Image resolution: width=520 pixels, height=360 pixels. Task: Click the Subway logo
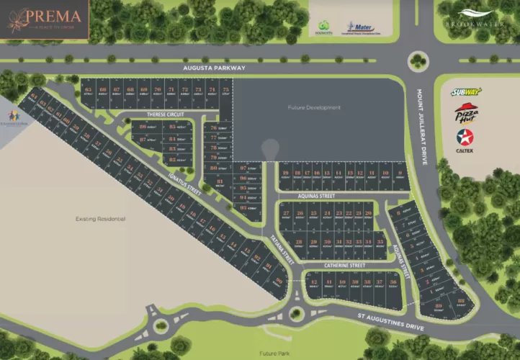point(466,92)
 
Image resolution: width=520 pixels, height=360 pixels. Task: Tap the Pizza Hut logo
point(466,114)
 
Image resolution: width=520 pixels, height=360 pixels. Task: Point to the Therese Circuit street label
point(166,114)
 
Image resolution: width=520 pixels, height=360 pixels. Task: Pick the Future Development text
point(313,107)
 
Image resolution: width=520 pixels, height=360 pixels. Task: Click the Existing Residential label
point(101,217)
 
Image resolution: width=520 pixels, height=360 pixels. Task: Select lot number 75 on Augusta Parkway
point(225,90)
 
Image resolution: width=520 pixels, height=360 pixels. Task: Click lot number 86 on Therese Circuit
point(143,126)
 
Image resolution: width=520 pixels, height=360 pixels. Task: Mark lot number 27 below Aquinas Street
point(287,213)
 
